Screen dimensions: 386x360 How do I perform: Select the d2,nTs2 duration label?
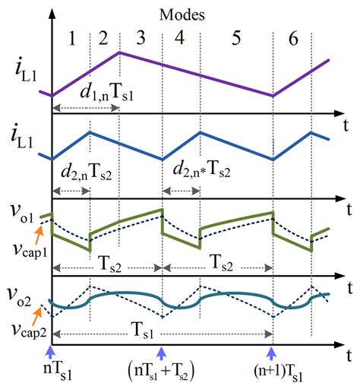[86, 173]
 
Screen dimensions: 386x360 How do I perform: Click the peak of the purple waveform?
[120, 52]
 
